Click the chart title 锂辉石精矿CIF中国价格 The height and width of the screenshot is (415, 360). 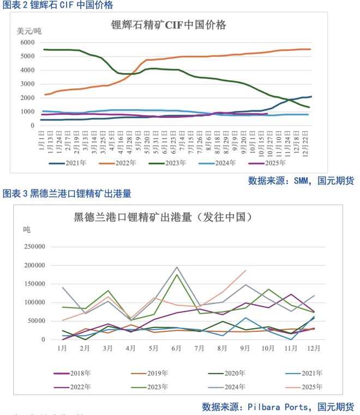[x=169, y=25]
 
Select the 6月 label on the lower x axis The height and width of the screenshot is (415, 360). [x=176, y=348]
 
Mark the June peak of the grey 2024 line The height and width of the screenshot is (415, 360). [x=177, y=267]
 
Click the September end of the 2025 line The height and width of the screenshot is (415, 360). [x=245, y=270]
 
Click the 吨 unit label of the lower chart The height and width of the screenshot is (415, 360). [x=27, y=229]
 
